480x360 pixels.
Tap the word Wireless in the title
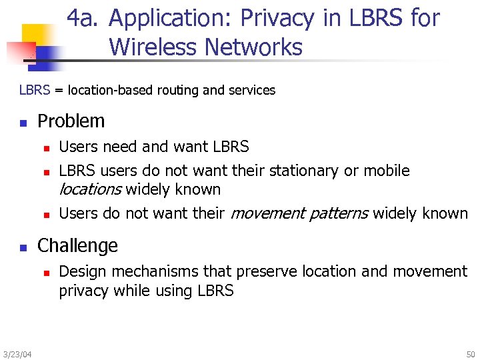point(153,47)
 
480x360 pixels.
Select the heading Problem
point(71,121)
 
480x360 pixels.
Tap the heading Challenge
point(77,245)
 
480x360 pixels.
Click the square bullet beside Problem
point(23,123)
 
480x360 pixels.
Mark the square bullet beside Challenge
point(23,247)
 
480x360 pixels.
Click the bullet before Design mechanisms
point(46,273)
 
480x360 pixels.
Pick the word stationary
point(305,171)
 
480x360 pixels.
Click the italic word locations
point(90,189)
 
